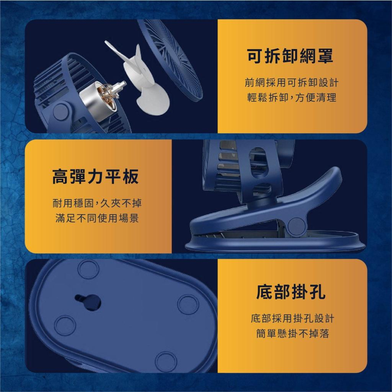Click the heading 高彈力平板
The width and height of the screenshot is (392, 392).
[96, 176]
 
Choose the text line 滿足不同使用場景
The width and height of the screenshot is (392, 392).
[96, 218]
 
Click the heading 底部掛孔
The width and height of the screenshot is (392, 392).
[290, 292]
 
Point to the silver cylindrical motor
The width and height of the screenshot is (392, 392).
[96, 100]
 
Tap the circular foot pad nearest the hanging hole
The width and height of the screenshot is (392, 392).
[89, 269]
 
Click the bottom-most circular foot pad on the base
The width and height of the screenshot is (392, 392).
[165, 361]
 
